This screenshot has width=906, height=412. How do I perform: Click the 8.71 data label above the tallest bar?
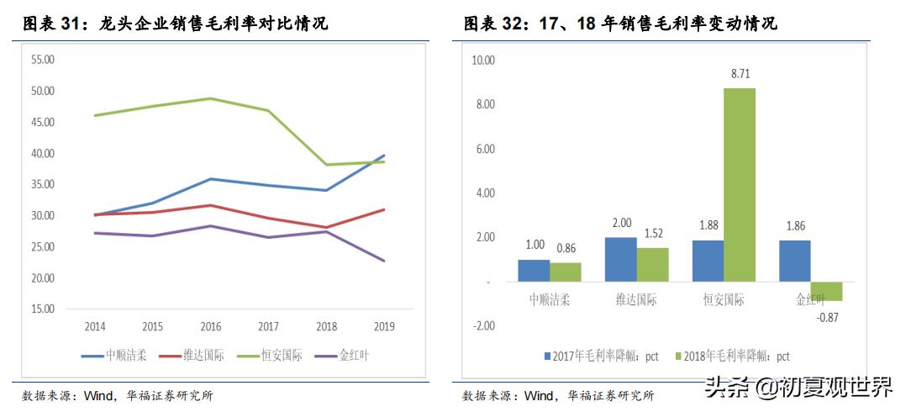click(x=740, y=74)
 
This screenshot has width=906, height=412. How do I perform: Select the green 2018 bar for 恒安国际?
click(x=740, y=185)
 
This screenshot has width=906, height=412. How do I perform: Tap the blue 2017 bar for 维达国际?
click(x=620, y=259)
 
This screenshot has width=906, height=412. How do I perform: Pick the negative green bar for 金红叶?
click(x=827, y=291)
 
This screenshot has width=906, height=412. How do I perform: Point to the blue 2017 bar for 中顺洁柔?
click(x=534, y=270)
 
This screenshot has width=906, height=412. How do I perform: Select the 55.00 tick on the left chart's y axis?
click(x=42, y=60)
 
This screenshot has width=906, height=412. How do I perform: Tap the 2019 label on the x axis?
click(x=383, y=326)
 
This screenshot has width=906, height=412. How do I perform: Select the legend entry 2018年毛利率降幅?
click(x=731, y=357)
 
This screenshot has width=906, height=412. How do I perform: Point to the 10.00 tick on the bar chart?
click(x=484, y=61)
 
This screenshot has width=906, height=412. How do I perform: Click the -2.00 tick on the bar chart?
click(x=484, y=325)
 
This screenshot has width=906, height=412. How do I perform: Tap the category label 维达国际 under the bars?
click(x=636, y=300)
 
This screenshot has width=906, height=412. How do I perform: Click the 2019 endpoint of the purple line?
click(x=384, y=261)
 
